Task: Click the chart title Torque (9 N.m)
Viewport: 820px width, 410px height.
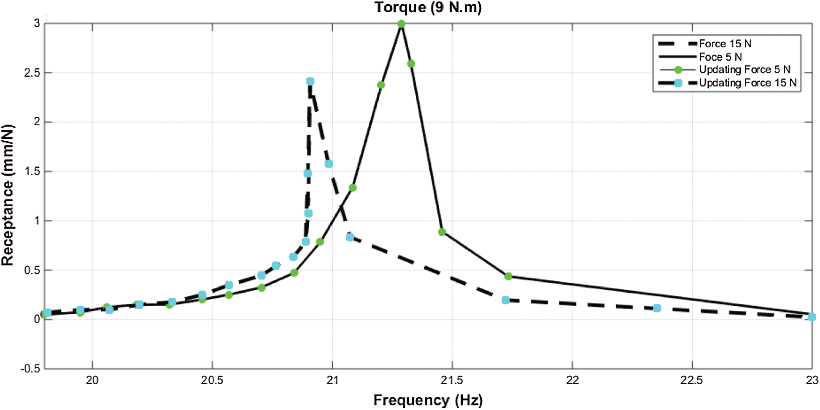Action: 428,8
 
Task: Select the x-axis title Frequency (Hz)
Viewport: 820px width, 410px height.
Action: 428,399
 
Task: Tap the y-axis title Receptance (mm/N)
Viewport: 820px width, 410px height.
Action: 8,195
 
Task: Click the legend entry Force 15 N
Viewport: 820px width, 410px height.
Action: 725,43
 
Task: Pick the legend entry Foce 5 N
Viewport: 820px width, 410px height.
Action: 720,57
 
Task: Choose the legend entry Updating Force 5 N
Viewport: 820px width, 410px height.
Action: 744,70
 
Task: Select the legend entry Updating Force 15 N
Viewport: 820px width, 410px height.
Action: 747,83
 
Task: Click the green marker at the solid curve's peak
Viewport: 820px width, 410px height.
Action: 401,24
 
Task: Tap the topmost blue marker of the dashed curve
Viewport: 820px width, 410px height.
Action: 310,81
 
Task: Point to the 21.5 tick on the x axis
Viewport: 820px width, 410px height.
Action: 452,380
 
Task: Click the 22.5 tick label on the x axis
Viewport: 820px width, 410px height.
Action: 692,380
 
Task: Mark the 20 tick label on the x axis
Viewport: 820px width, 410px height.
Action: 92,380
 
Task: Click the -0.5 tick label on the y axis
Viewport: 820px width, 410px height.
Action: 30,369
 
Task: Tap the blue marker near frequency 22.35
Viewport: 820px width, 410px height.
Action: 657,308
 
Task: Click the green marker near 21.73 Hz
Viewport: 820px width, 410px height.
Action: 508,276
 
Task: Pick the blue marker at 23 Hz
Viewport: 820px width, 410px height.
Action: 812,317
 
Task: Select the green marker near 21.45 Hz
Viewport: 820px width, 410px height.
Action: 442,232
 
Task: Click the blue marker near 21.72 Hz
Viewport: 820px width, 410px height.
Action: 506,300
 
